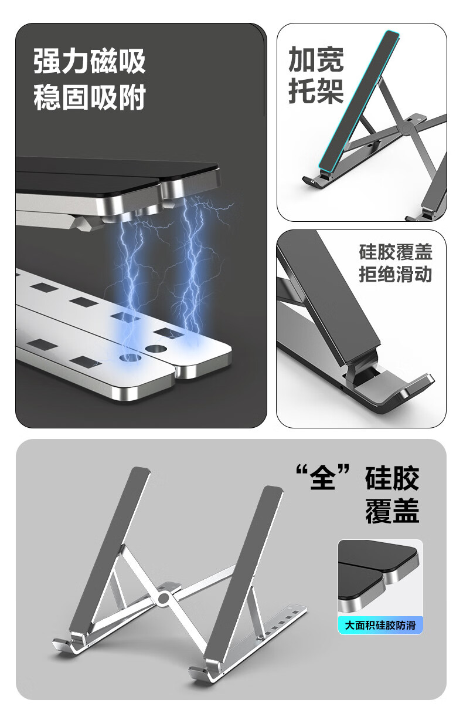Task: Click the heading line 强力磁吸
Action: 89,61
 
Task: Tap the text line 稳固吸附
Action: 89,97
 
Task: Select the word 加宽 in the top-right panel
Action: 316,59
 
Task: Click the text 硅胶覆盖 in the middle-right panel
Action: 395,252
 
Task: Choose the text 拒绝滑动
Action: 395,275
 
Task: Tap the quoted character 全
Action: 322,478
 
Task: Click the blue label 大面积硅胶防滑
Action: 380,625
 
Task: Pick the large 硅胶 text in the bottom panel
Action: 392,478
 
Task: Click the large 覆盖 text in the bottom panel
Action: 392,511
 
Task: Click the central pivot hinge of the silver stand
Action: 164,598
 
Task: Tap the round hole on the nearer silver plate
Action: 130,357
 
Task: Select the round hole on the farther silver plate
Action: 156,349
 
